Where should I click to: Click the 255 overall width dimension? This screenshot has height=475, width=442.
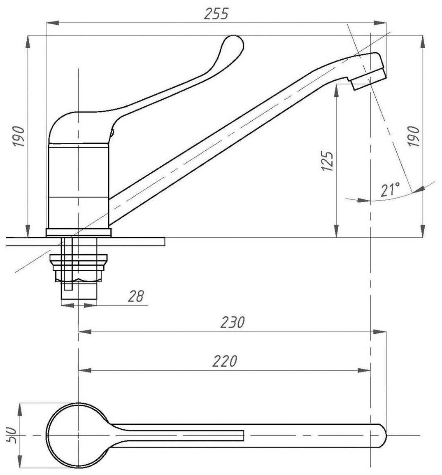pyautogui.click(x=216, y=14)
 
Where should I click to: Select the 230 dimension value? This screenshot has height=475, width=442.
pyautogui.click(x=233, y=322)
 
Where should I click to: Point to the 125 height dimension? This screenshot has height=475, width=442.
pyautogui.click(x=327, y=161)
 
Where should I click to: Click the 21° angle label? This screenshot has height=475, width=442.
pyautogui.click(x=390, y=190)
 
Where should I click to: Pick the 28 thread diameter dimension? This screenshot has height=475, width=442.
pyautogui.click(x=135, y=296)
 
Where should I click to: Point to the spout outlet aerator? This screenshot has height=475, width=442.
pyautogui.click(x=369, y=81)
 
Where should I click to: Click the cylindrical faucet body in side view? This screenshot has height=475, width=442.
pyautogui.click(x=78, y=185)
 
